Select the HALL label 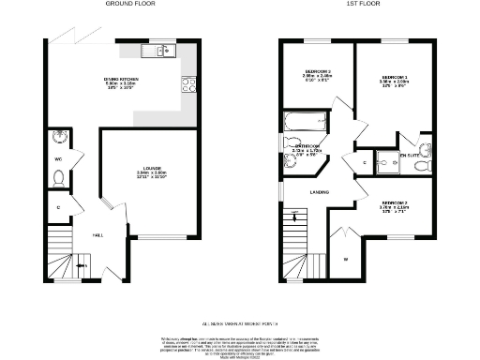97,235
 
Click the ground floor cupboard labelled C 57,206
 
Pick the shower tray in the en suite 387,160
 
